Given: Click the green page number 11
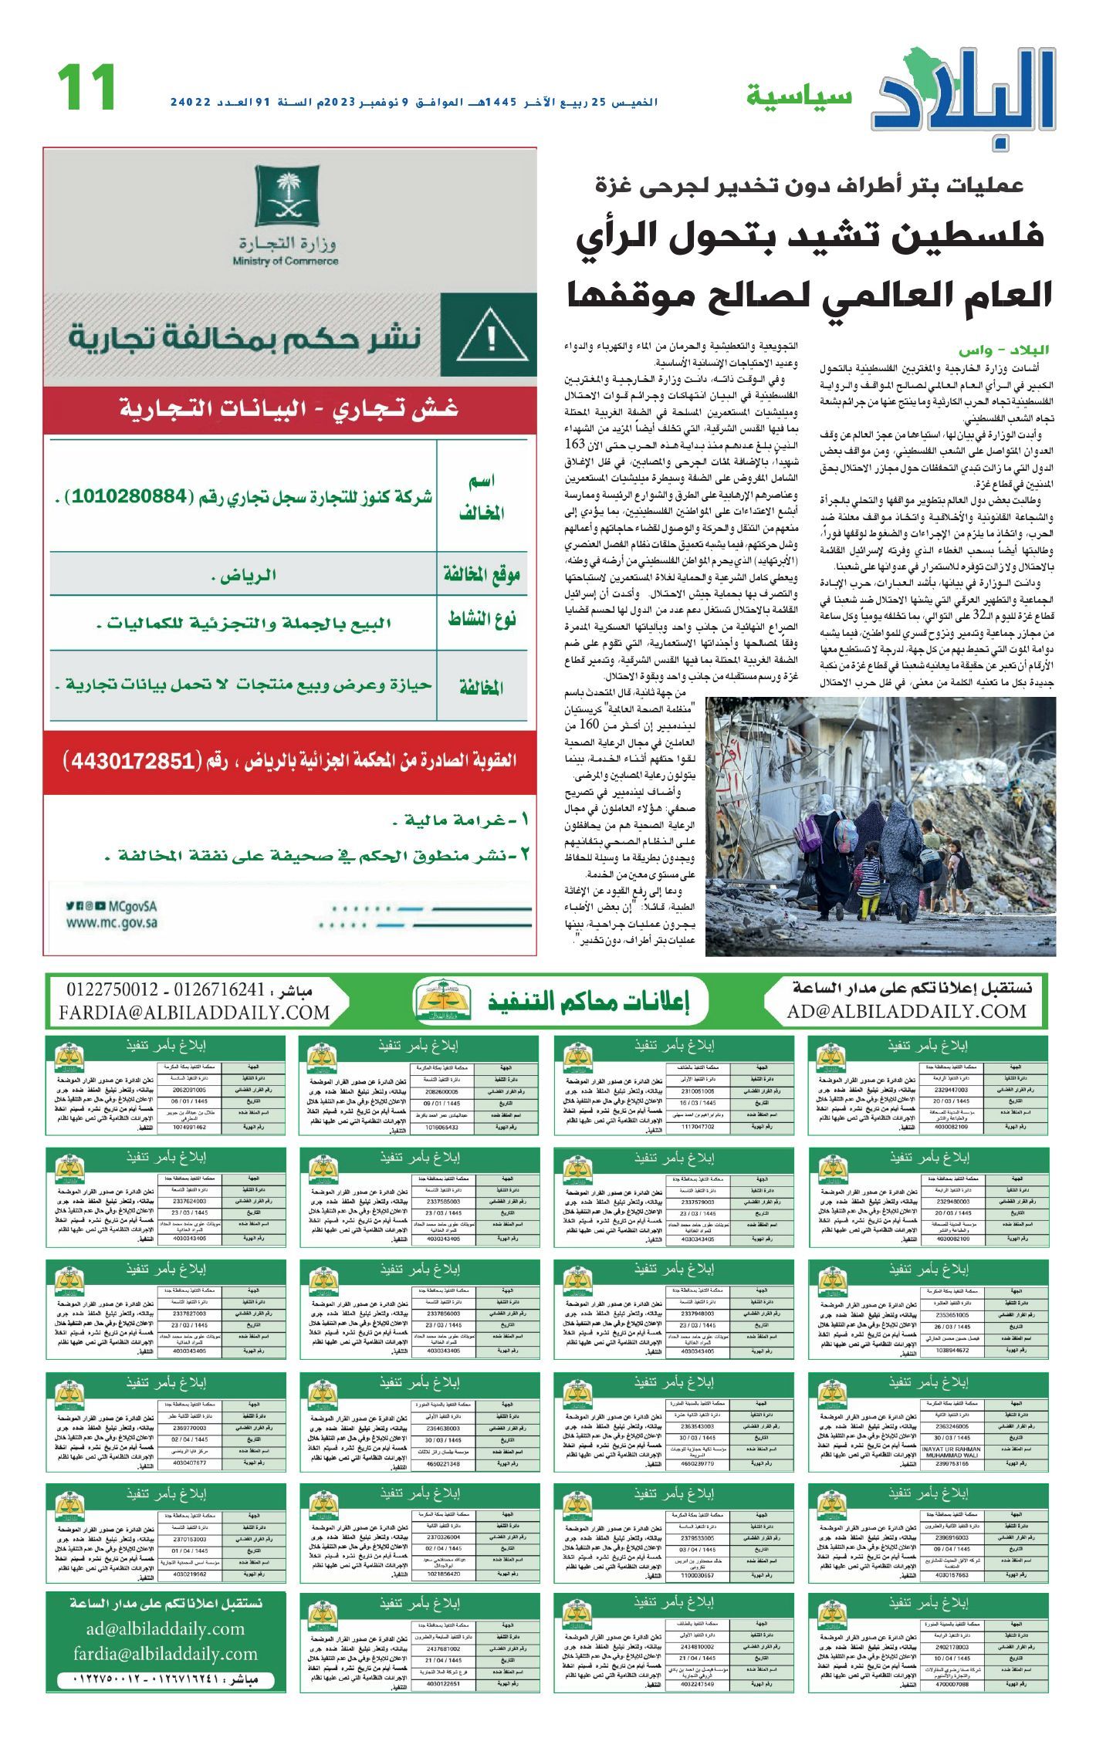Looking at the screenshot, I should [86, 87].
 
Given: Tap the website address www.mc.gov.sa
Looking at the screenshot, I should [112, 921].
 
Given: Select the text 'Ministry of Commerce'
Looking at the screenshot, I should [286, 262].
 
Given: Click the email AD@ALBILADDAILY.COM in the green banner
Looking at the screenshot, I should [907, 1011].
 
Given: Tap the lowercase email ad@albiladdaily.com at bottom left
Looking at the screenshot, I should [165, 1628].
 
